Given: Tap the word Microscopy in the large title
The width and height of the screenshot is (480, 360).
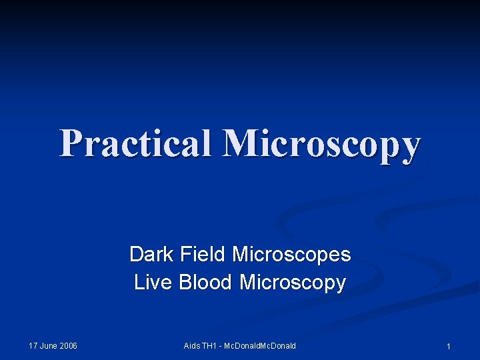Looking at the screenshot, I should tap(323, 143).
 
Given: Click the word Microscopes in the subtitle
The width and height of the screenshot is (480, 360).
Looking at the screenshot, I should tap(291, 254).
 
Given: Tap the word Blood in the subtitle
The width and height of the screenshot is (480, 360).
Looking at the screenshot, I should tap(205, 282).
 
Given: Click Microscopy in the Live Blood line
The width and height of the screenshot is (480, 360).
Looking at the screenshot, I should tap(293, 283).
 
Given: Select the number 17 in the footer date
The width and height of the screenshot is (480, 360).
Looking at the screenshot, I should tap(33, 345).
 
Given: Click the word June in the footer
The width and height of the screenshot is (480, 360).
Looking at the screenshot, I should tap(49, 345).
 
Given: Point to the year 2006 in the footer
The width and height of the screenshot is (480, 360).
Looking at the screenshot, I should tap(68, 345).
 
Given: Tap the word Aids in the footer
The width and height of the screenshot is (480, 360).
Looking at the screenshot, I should tap(192, 345).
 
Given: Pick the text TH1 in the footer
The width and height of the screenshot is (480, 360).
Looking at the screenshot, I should tap(210, 345).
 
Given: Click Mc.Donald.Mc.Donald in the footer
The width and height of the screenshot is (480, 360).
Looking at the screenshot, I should tap(261, 345).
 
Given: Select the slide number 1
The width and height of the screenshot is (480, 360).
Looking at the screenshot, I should tap(449, 347).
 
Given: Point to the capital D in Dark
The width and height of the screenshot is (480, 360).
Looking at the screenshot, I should tap(135, 254).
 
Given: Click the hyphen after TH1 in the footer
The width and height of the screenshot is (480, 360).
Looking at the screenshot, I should tap(221, 346).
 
